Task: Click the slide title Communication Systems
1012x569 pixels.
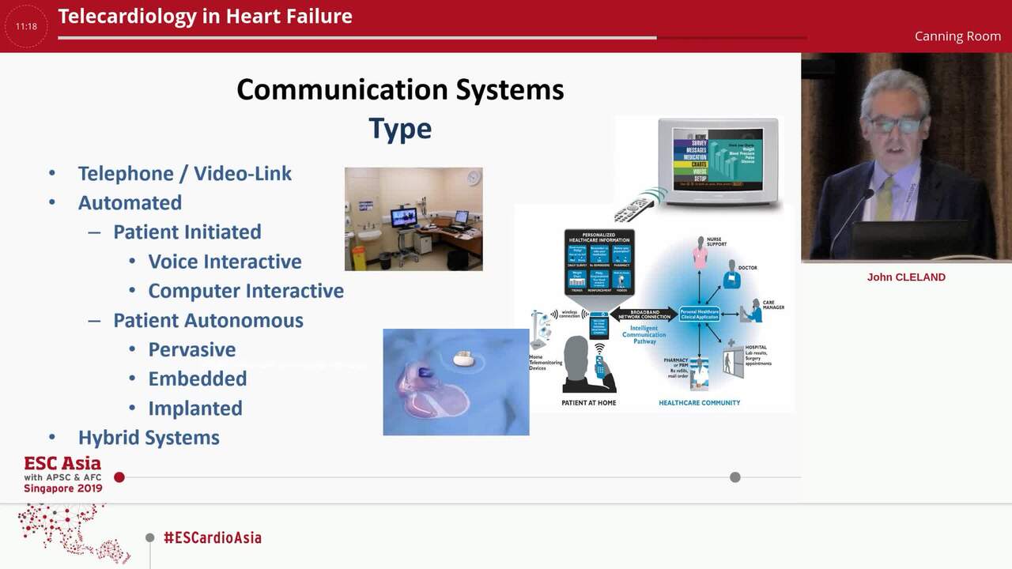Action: [400, 89]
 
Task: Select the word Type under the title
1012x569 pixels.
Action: [400, 128]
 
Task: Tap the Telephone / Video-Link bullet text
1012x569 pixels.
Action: [184, 173]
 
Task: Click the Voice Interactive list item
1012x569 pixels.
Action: [225, 261]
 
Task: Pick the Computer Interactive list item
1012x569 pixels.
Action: [245, 290]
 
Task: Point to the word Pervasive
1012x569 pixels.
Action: [192, 349]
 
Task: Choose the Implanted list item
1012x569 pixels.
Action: [195, 408]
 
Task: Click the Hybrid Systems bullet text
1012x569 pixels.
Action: [149, 437]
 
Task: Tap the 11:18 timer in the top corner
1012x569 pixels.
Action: [26, 26]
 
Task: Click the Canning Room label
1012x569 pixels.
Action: [957, 36]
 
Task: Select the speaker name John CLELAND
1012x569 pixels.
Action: [906, 277]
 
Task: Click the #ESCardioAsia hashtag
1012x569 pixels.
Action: [212, 537]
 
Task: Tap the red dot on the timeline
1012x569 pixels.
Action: [119, 477]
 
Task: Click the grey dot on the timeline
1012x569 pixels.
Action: [735, 477]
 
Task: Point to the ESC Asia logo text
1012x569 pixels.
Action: [62, 464]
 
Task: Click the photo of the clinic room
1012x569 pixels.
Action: [413, 219]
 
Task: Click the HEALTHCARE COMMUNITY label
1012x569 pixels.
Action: [699, 403]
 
